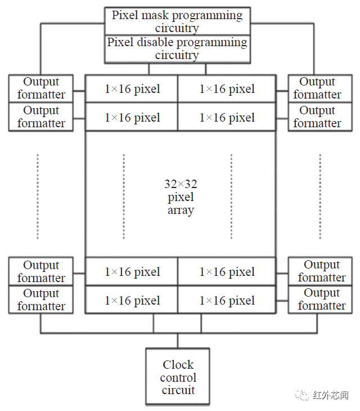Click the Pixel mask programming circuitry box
click(x=177, y=21)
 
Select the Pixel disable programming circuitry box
click(x=177, y=49)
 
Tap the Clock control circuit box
click(x=178, y=377)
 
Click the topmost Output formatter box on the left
click(x=41, y=88)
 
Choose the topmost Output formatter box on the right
click(x=317, y=88)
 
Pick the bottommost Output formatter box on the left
click(x=41, y=300)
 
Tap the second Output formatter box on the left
click(x=41, y=117)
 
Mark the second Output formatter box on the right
click(x=317, y=117)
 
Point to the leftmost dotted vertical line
click(x=38, y=194)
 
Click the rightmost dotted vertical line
click(x=320, y=194)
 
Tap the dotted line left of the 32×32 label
click(x=124, y=194)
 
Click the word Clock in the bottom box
click(x=178, y=365)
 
